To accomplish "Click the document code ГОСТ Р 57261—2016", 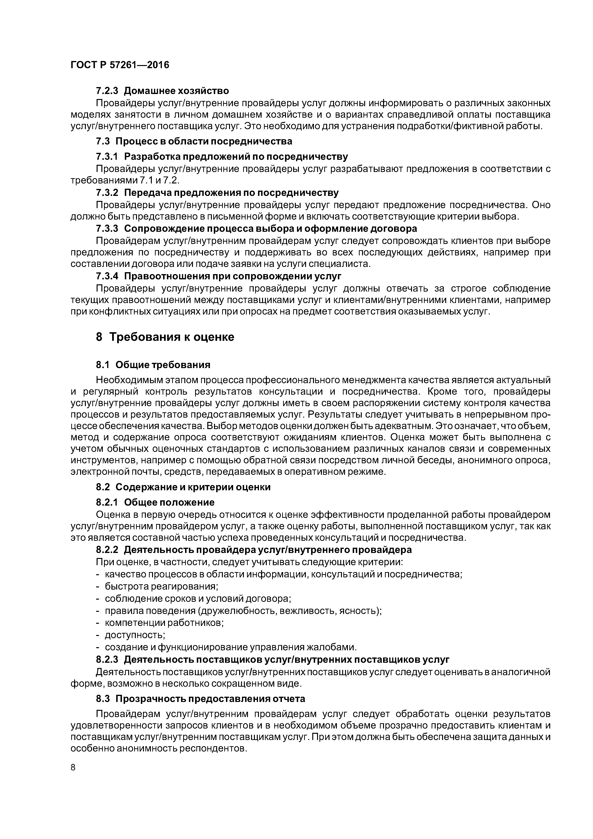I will coord(120,65).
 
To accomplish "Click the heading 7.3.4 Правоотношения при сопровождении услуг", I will coord(219,276).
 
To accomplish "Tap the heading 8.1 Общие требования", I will coord(153,365).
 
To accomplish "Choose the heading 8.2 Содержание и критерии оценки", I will coord(183,487).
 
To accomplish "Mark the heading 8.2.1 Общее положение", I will coord(155,502).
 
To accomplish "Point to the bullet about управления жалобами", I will coord(230,647).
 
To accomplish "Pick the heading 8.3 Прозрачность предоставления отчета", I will coord(200,699).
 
